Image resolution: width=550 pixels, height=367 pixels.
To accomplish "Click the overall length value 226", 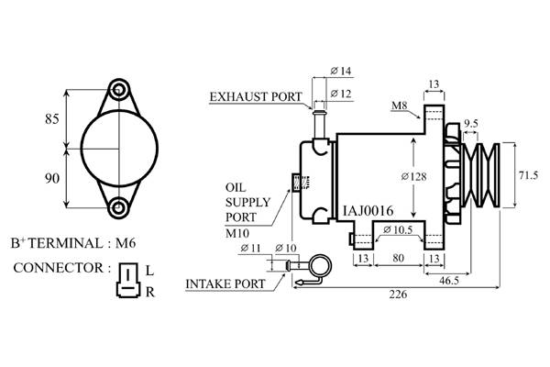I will [397, 295].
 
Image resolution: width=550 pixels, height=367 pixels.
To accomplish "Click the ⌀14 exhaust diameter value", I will [340, 71].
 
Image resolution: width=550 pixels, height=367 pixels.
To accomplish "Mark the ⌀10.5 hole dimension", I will [397, 228].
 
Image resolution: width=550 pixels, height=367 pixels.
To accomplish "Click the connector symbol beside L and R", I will [126, 280].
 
